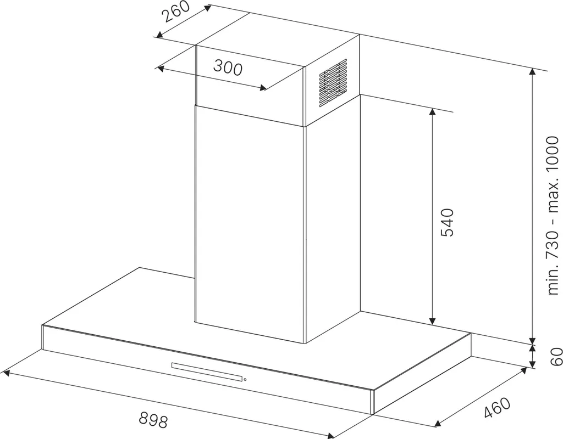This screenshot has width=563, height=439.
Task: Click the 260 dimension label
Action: (175, 12)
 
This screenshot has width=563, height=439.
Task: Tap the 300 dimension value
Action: (228, 67)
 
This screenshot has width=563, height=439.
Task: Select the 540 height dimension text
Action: (447, 222)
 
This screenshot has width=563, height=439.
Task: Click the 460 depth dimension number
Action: (497, 408)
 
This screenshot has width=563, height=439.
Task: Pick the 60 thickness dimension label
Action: (556, 356)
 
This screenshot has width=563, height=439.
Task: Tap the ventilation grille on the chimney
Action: (333, 83)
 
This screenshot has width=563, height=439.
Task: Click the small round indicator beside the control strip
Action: (245, 380)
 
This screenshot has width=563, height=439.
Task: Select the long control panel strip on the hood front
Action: (207, 372)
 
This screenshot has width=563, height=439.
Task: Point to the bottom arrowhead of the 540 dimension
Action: (432, 320)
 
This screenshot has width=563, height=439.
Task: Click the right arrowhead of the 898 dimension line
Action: (330, 435)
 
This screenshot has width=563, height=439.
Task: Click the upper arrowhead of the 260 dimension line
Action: (207, 8)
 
